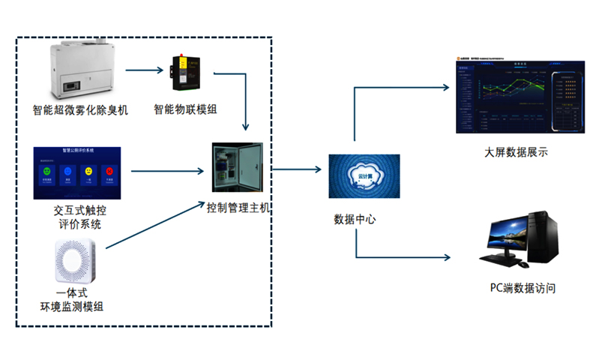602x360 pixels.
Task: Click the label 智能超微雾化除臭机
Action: click(80, 109)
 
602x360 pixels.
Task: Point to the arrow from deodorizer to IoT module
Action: click(144, 71)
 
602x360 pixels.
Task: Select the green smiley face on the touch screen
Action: click(48, 172)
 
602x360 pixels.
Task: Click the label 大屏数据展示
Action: click(516, 152)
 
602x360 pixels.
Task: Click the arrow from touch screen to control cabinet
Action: click(169, 172)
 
